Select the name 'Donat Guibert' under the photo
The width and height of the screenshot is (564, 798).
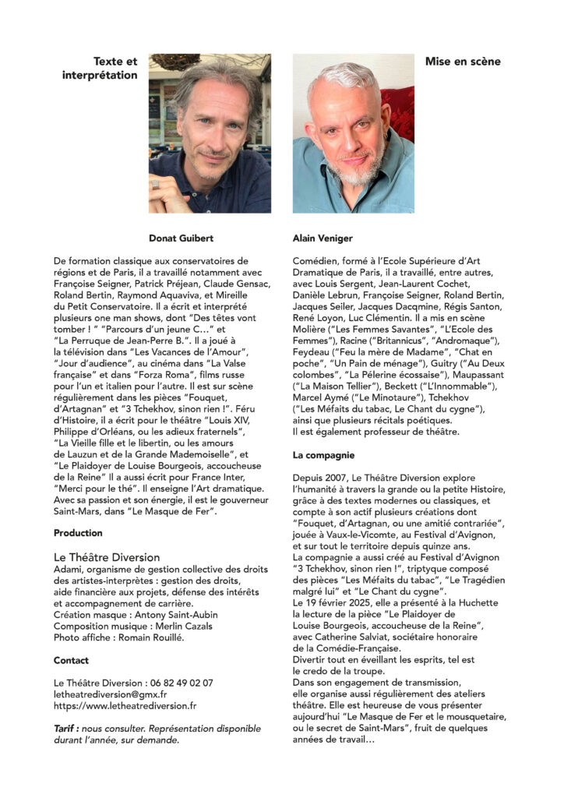click(x=182, y=238)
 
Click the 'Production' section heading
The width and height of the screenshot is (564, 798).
click(x=78, y=533)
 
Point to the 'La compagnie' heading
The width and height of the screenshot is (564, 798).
click(x=324, y=454)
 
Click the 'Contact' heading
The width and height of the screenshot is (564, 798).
click(x=71, y=660)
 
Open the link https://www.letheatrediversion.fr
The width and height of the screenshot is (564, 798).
click(x=125, y=706)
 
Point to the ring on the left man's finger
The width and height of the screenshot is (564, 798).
click(x=155, y=184)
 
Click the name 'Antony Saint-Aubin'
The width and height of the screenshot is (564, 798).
click(x=175, y=615)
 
